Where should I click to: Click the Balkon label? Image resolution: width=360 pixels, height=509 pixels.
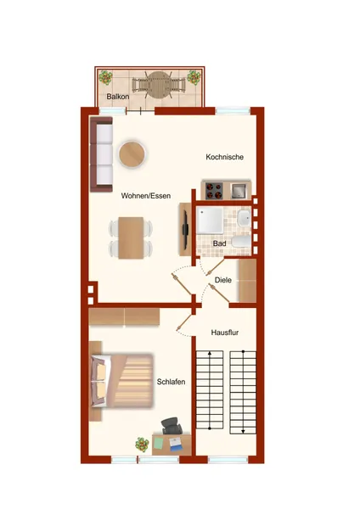(118, 97)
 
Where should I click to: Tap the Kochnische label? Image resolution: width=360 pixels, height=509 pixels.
(224, 157)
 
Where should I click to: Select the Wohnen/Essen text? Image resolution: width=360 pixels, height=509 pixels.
(145, 196)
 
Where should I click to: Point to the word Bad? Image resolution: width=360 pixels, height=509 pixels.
(219, 243)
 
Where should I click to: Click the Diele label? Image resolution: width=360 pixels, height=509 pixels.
(223, 280)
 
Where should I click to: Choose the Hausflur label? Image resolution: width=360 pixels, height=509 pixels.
(225, 333)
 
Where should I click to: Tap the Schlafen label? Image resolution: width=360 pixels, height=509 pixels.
(171, 382)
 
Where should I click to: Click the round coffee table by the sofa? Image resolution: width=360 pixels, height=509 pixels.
(132, 154)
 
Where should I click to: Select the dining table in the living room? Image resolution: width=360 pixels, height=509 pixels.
(131, 238)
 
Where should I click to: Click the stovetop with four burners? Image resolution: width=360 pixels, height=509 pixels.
(214, 191)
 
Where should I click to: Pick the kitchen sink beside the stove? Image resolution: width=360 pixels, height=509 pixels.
(239, 191)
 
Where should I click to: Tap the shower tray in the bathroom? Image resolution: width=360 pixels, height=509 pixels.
(210, 221)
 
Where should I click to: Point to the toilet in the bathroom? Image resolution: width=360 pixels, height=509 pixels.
(242, 242)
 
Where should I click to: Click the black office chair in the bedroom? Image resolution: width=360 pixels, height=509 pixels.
(172, 426)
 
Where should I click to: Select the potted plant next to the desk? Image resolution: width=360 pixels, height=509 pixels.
(142, 445)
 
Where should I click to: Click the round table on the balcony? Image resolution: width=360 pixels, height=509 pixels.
(159, 85)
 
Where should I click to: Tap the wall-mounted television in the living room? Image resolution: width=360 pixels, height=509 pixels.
(185, 230)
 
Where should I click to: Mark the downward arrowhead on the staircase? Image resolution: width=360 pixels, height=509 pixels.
(243, 431)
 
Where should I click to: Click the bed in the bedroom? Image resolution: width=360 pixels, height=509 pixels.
(122, 381)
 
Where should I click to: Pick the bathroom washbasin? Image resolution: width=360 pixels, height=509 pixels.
(244, 218)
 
